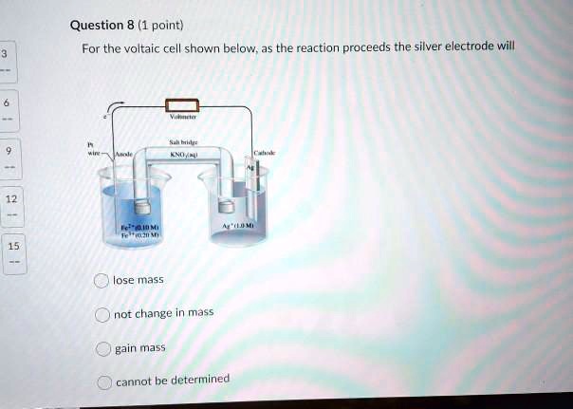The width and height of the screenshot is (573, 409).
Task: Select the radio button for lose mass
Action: pyautogui.click(x=102, y=280)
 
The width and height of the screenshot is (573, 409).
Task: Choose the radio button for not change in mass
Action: pyautogui.click(x=102, y=314)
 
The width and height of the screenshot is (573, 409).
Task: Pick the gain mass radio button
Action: pyautogui.click(x=102, y=348)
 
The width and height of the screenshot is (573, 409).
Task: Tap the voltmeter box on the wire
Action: pyautogui.click(x=182, y=105)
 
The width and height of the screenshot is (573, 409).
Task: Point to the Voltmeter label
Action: pyautogui.click(x=181, y=121)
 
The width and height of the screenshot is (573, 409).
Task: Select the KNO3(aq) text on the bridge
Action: pyautogui.click(x=182, y=153)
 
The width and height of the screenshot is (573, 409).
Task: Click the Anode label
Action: pyautogui.click(x=124, y=154)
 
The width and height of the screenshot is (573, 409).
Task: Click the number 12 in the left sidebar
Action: pyautogui.click(x=10, y=199)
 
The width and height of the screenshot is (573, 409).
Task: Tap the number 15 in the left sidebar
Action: pyautogui.click(x=13, y=246)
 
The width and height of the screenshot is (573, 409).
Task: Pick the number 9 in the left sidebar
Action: pyautogui.click(x=8, y=151)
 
